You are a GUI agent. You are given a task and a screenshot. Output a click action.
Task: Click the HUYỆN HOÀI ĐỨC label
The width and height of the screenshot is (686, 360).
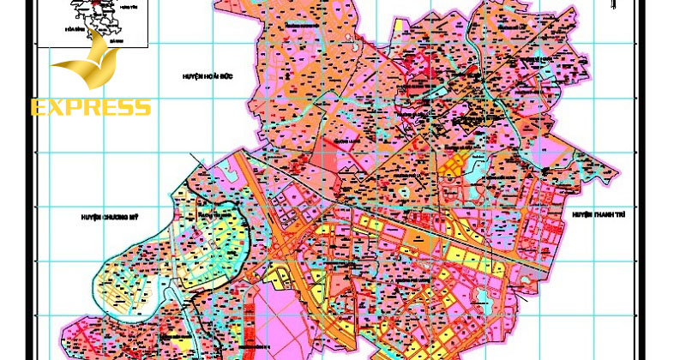pos(209,76)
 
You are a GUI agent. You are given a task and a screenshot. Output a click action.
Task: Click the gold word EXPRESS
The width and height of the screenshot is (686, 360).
pos(91,107)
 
